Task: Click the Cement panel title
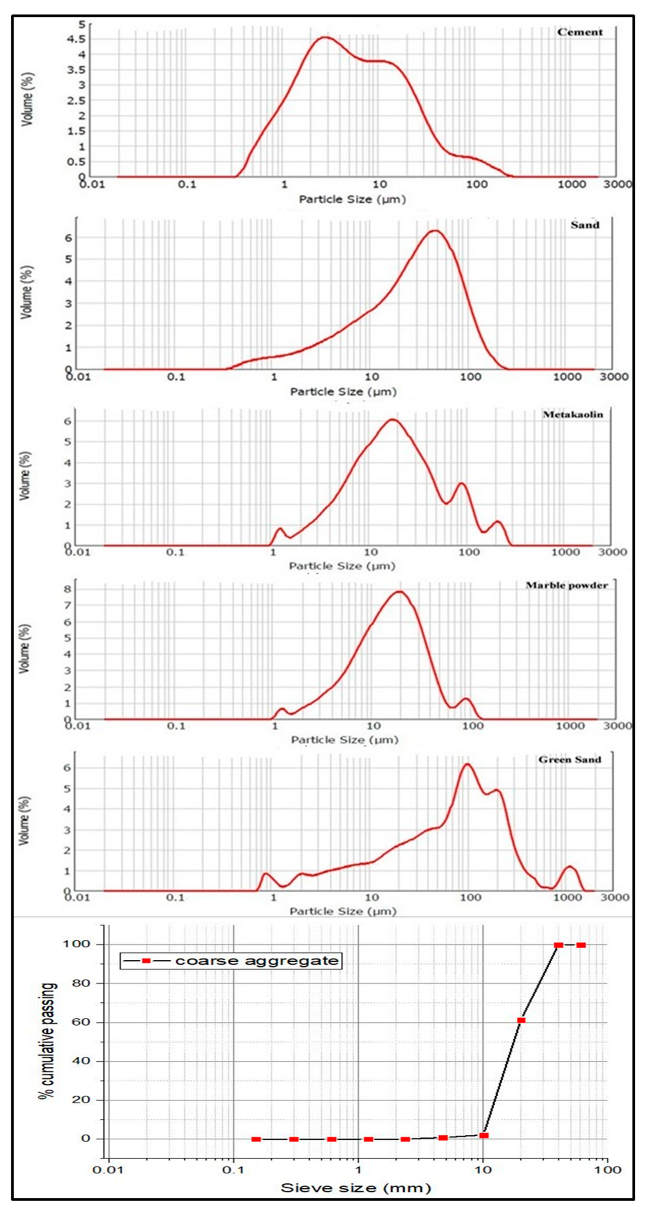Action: click(x=580, y=32)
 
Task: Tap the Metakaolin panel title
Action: click(x=573, y=415)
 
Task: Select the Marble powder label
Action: click(x=566, y=585)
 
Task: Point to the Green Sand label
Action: click(x=569, y=759)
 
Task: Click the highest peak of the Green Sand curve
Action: click(x=467, y=764)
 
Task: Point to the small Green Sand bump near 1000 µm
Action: click(x=570, y=867)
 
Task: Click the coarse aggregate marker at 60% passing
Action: click(x=521, y=1020)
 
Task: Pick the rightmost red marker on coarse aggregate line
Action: click(x=581, y=945)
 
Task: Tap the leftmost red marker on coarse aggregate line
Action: click(x=256, y=1139)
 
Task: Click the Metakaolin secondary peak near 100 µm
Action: click(x=462, y=483)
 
